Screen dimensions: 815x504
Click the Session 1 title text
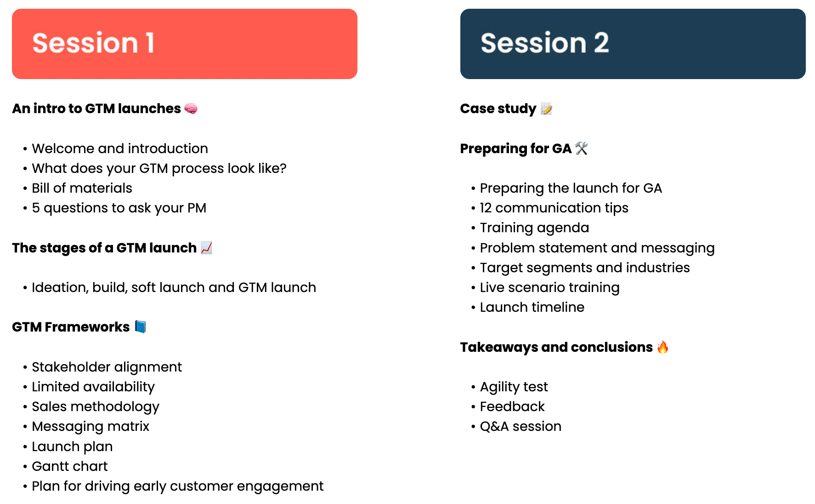[x=93, y=43]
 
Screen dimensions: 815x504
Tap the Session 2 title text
[x=545, y=43]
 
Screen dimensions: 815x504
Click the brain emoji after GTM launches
[x=191, y=109]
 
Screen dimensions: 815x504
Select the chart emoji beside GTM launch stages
[x=207, y=248]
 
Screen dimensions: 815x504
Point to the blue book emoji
[x=141, y=327]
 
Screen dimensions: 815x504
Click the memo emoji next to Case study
[x=546, y=109]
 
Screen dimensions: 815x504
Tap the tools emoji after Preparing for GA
[x=581, y=148]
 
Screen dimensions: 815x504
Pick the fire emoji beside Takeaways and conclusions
[x=662, y=347]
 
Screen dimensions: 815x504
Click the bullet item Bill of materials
[x=82, y=188]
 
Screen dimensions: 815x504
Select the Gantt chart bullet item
[x=69, y=466]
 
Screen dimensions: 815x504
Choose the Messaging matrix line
[x=91, y=427]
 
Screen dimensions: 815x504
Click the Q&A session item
[x=521, y=426]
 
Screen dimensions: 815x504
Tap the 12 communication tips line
[x=554, y=208]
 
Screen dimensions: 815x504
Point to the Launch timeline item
[x=532, y=307]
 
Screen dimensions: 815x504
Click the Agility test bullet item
[x=514, y=387]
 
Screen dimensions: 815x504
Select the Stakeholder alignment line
[x=107, y=367]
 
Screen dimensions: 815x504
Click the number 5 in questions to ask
[x=35, y=208]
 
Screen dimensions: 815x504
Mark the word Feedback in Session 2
[x=512, y=407]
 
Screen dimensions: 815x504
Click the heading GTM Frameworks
[x=71, y=327]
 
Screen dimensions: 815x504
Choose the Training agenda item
[x=534, y=228]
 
